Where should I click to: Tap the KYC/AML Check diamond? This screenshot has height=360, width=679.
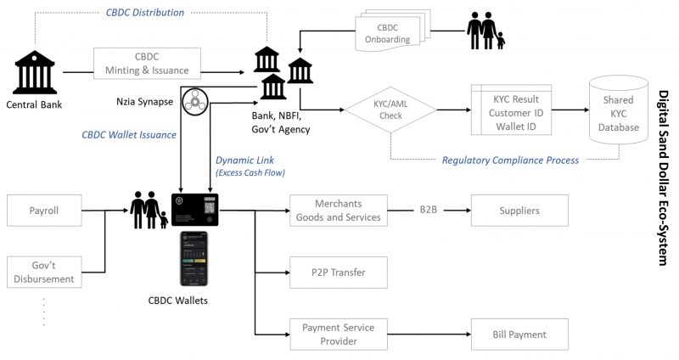click(x=390, y=110)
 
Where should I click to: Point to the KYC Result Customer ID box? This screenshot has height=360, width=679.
click(x=511, y=110)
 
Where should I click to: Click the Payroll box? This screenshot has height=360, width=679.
click(x=44, y=209)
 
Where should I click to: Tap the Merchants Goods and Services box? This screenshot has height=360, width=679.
click(x=338, y=209)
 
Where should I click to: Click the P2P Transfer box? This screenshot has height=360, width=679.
click(x=338, y=272)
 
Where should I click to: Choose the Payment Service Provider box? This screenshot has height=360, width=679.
click(x=338, y=334)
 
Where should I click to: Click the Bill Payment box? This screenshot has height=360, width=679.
click(x=520, y=334)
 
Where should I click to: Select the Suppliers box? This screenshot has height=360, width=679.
click(x=520, y=209)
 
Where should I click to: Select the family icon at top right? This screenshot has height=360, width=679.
click(x=486, y=31)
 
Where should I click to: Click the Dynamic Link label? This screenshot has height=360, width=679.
click(x=245, y=160)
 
